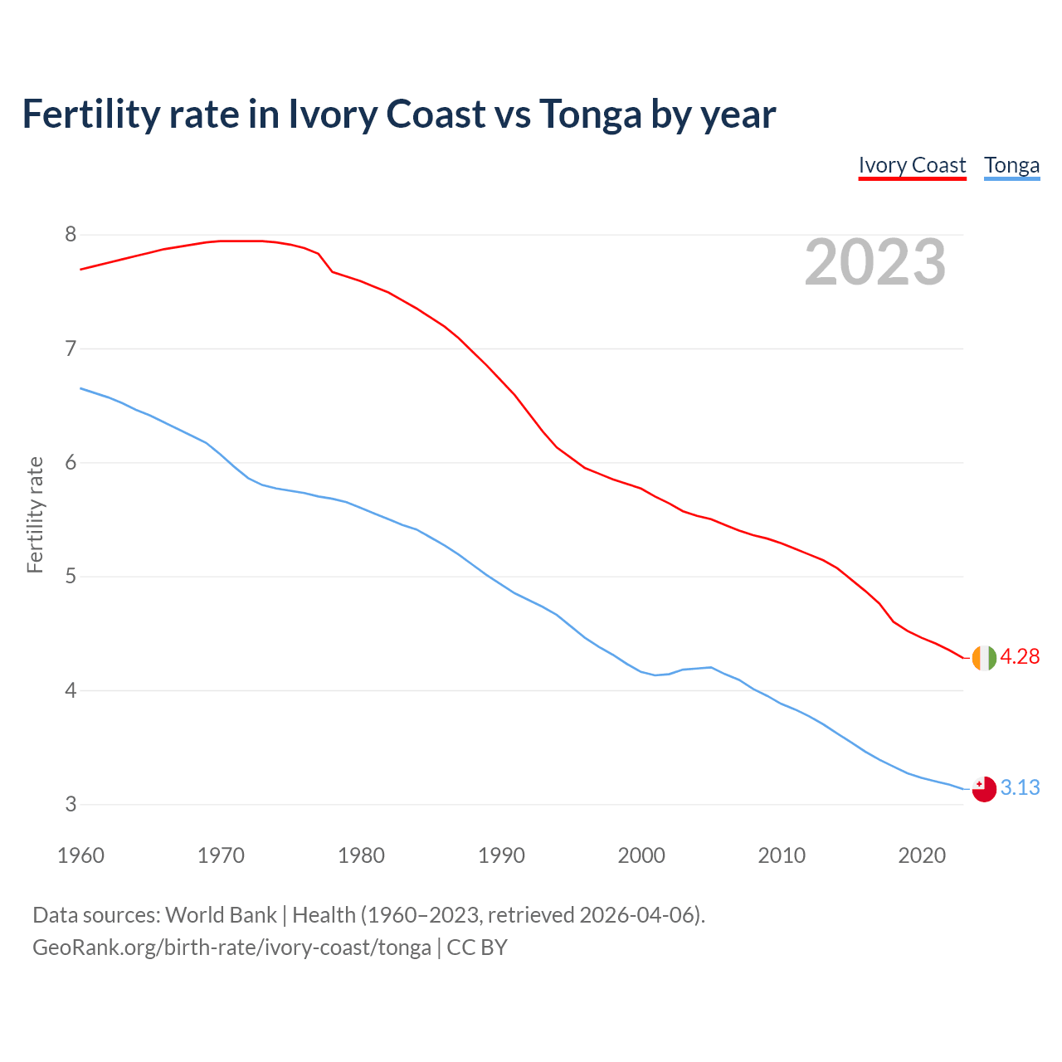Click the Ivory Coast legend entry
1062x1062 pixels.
pyautogui.click(x=912, y=165)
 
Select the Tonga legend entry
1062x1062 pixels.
pyautogui.click(x=1011, y=165)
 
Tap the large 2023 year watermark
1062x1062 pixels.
pyautogui.click(x=874, y=262)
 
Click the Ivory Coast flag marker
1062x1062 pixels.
pyautogui.click(x=984, y=657)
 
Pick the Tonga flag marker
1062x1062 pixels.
pyautogui.click(x=984, y=789)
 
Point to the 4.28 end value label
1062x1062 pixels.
pyautogui.click(x=1020, y=657)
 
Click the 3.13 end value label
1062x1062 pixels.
pyautogui.click(x=1020, y=787)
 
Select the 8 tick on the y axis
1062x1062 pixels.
pyautogui.click(x=71, y=235)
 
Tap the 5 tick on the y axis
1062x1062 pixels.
pyautogui.click(x=71, y=577)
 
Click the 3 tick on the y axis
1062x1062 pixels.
pyautogui.click(x=71, y=804)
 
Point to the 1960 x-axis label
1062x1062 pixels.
pyautogui.click(x=80, y=855)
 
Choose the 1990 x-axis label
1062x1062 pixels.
pyautogui.click(x=501, y=855)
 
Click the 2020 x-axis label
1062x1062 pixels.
pyautogui.click(x=922, y=855)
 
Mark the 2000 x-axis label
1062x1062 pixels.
pyautogui.click(x=641, y=855)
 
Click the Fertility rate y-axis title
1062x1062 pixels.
pyautogui.click(x=35, y=514)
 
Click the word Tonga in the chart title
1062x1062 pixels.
pyautogui.click(x=590, y=114)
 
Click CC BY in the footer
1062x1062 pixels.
pyautogui.click(x=477, y=948)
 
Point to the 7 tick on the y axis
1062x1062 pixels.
pyautogui.click(x=71, y=348)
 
